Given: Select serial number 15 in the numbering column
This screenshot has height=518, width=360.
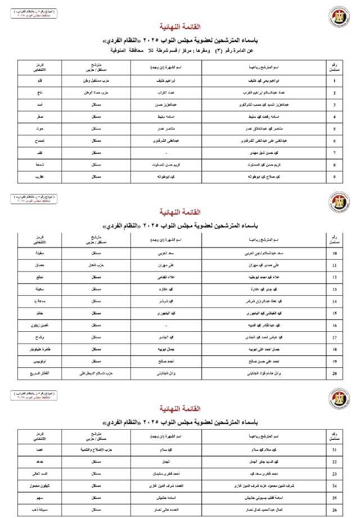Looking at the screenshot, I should point(335,313).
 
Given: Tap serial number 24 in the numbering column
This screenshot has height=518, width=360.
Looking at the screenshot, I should point(335,484).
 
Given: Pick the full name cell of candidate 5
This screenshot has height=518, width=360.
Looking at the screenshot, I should point(268,129).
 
